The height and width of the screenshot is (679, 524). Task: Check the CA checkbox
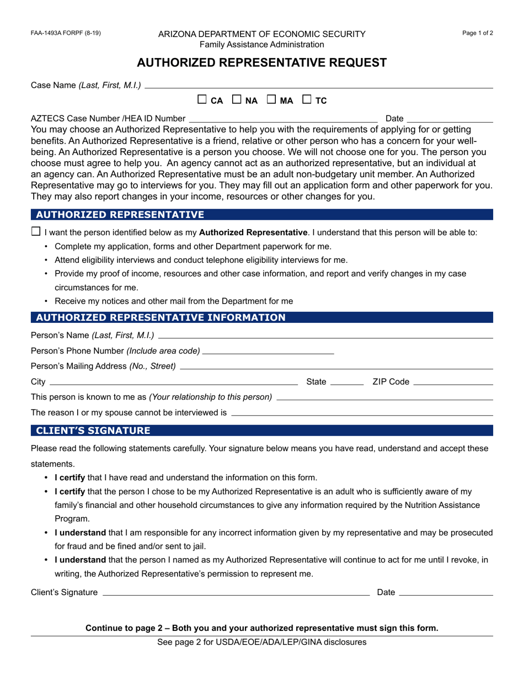coord(202,100)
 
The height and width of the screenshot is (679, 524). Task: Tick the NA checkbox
coord(237,100)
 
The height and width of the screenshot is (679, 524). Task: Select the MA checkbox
coord(271,100)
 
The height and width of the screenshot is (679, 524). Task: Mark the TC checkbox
coord(307,100)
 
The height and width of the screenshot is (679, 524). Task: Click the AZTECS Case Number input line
coord(283,118)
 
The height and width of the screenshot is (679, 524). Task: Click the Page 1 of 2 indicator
coord(478,33)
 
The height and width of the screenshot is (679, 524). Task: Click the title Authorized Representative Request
coord(261,63)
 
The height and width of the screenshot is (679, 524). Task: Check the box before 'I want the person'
coord(36,231)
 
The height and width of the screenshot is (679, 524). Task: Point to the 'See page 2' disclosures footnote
coord(261,642)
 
